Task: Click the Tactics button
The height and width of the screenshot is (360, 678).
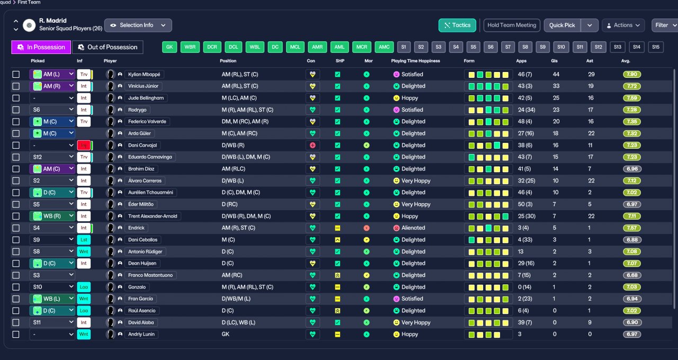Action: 457,25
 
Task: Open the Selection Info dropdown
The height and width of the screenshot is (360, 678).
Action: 138,25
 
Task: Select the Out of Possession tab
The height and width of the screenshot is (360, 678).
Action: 108,47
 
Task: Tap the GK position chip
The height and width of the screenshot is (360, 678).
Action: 169,47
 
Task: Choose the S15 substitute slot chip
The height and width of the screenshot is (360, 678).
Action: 656,47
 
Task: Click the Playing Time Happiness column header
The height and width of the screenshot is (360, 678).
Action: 415,61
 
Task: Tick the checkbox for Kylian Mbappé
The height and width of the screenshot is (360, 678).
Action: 16,75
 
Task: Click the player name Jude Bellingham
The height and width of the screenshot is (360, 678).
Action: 146,98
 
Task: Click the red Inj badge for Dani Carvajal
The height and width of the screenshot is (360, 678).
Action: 84,145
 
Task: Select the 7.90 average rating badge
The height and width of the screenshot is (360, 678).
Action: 632,75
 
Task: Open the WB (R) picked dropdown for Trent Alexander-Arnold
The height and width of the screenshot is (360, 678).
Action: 52,216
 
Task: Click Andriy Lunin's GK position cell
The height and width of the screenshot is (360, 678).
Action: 226,334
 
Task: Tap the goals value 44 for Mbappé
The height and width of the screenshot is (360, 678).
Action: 556,75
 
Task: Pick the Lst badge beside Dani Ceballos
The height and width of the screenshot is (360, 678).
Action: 84,240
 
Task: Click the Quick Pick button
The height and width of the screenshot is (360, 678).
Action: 562,25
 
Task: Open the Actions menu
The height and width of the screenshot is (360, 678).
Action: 623,25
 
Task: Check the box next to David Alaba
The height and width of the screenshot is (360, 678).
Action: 16,322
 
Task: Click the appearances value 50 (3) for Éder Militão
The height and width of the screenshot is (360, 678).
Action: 525,204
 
